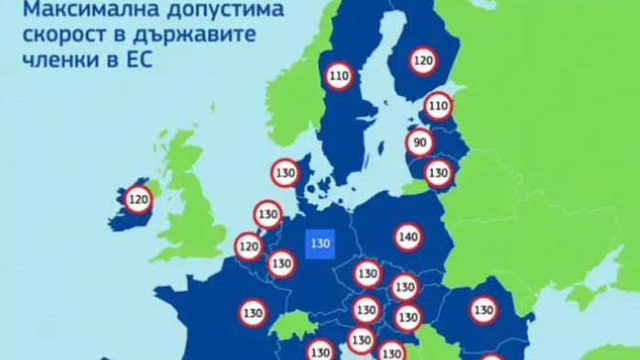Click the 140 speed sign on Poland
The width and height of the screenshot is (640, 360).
tap(408, 237)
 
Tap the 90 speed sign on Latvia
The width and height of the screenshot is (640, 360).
tap(420, 143)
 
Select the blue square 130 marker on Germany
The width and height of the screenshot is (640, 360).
tap(320, 244)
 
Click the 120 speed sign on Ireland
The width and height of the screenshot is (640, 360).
tap(138, 198)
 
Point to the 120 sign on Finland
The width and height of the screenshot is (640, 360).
tap(422, 61)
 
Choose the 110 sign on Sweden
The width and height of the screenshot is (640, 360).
tap(339, 77)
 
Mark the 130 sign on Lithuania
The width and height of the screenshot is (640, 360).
tap(439, 172)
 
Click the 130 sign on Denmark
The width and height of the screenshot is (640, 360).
tap(285, 172)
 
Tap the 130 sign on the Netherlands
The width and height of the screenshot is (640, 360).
tap(267, 215)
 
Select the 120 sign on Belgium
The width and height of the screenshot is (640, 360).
tap(248, 245)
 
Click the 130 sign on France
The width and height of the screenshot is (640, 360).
tap(253, 312)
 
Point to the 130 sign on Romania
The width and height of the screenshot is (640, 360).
tap(482, 310)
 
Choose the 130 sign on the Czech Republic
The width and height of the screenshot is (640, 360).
tap(367, 273)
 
